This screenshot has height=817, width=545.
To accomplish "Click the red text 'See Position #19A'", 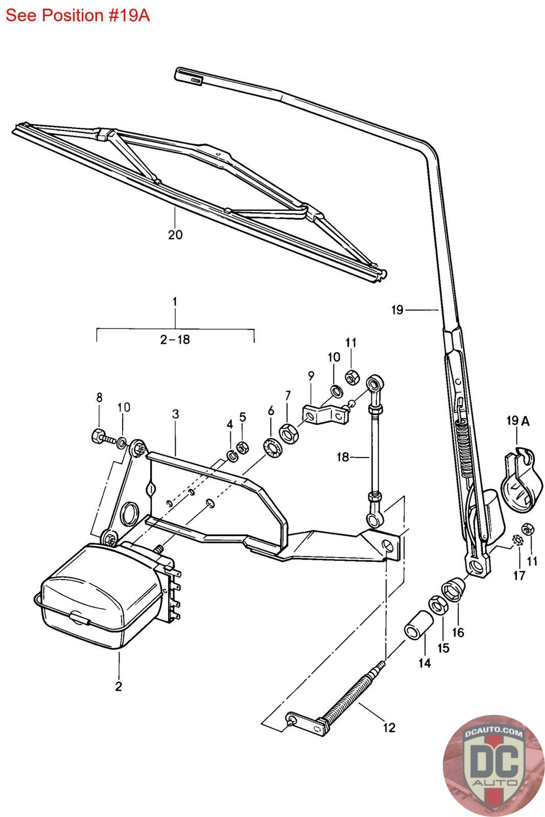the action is [78, 16].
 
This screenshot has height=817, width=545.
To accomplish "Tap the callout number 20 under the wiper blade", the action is [175, 234].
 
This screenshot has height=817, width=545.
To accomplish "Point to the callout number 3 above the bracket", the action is [176, 414].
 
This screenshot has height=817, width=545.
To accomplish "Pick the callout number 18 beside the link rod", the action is [343, 456].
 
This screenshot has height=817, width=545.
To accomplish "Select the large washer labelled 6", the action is [272, 449].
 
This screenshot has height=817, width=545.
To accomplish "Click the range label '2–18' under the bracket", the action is [175, 340].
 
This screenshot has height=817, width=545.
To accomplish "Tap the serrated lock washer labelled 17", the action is [517, 540].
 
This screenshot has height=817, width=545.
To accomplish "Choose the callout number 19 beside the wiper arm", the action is [397, 310].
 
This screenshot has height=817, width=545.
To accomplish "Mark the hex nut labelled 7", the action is [289, 433].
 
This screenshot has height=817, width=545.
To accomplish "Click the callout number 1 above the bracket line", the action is [175, 302].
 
